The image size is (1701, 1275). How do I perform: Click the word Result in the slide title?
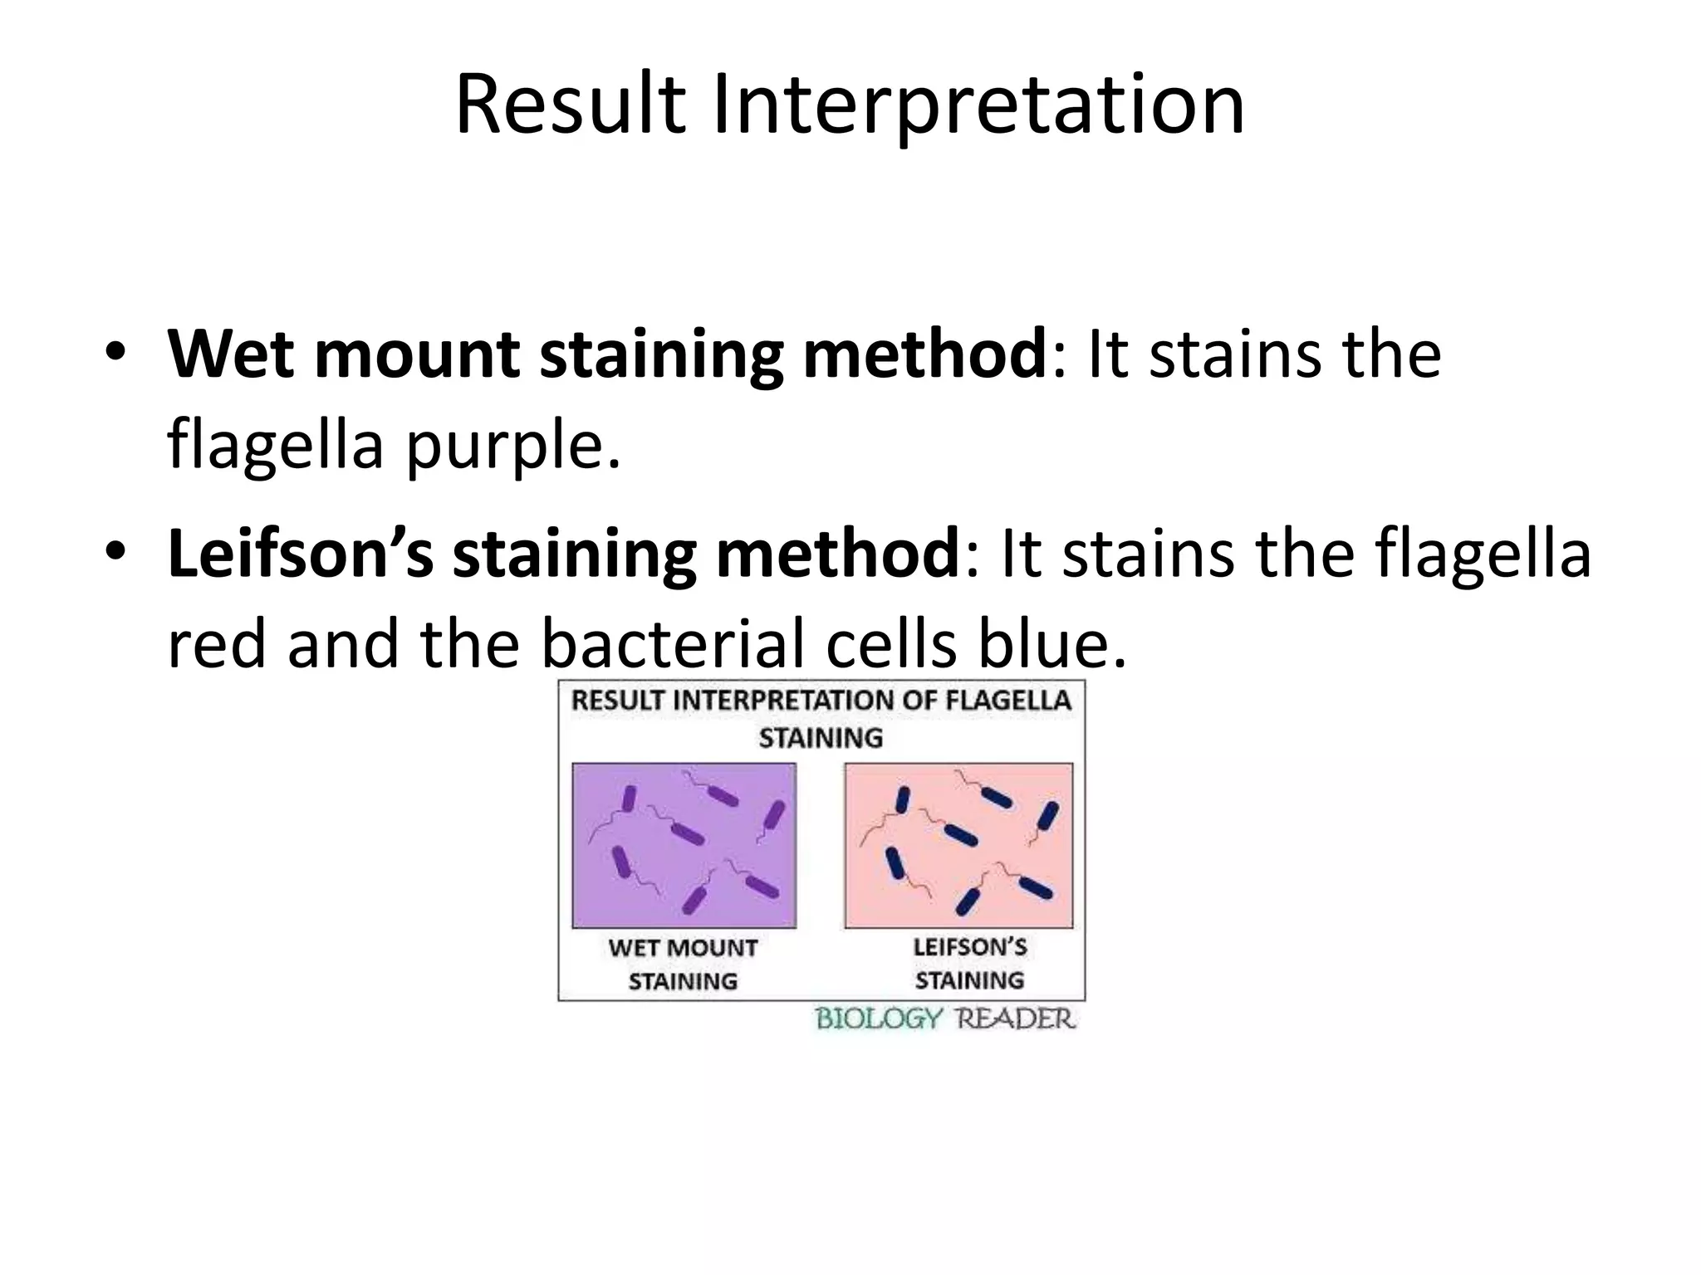tap(571, 105)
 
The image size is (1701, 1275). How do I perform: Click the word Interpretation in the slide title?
tap(978, 105)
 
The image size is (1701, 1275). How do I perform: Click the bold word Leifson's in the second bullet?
tap(301, 555)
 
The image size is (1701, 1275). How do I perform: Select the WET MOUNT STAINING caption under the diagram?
tap(683, 964)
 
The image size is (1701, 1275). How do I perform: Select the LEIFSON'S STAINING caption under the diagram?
tap(969, 963)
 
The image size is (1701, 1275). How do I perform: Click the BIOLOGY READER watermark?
tap(945, 1019)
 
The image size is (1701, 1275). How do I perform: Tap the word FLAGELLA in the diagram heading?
tap(1008, 701)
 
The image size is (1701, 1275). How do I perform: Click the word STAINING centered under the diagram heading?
tap(821, 737)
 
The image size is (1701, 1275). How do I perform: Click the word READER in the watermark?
tap(1015, 1019)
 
